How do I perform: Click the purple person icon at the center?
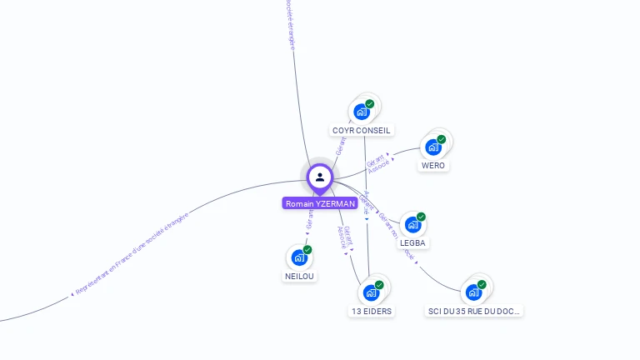[x=319, y=177]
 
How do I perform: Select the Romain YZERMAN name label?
[x=320, y=203]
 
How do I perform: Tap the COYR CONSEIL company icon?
[x=362, y=112]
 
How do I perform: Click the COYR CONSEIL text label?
[x=361, y=131]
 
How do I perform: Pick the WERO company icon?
[x=432, y=147]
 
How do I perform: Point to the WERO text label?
[x=433, y=166]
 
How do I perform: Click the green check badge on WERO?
[x=442, y=139]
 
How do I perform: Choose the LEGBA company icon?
[x=412, y=224]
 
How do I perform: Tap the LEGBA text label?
[x=413, y=243]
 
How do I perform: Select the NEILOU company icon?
[x=299, y=257]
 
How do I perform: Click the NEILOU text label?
[x=300, y=277]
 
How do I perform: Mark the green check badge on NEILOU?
[x=307, y=249]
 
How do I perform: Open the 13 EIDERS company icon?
[x=371, y=292]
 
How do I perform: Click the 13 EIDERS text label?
[x=371, y=312]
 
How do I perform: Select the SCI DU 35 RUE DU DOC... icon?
[x=473, y=292]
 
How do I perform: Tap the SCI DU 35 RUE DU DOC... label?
[x=474, y=312]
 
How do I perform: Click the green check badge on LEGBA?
[x=422, y=217]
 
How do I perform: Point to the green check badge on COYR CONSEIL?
[x=370, y=104]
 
